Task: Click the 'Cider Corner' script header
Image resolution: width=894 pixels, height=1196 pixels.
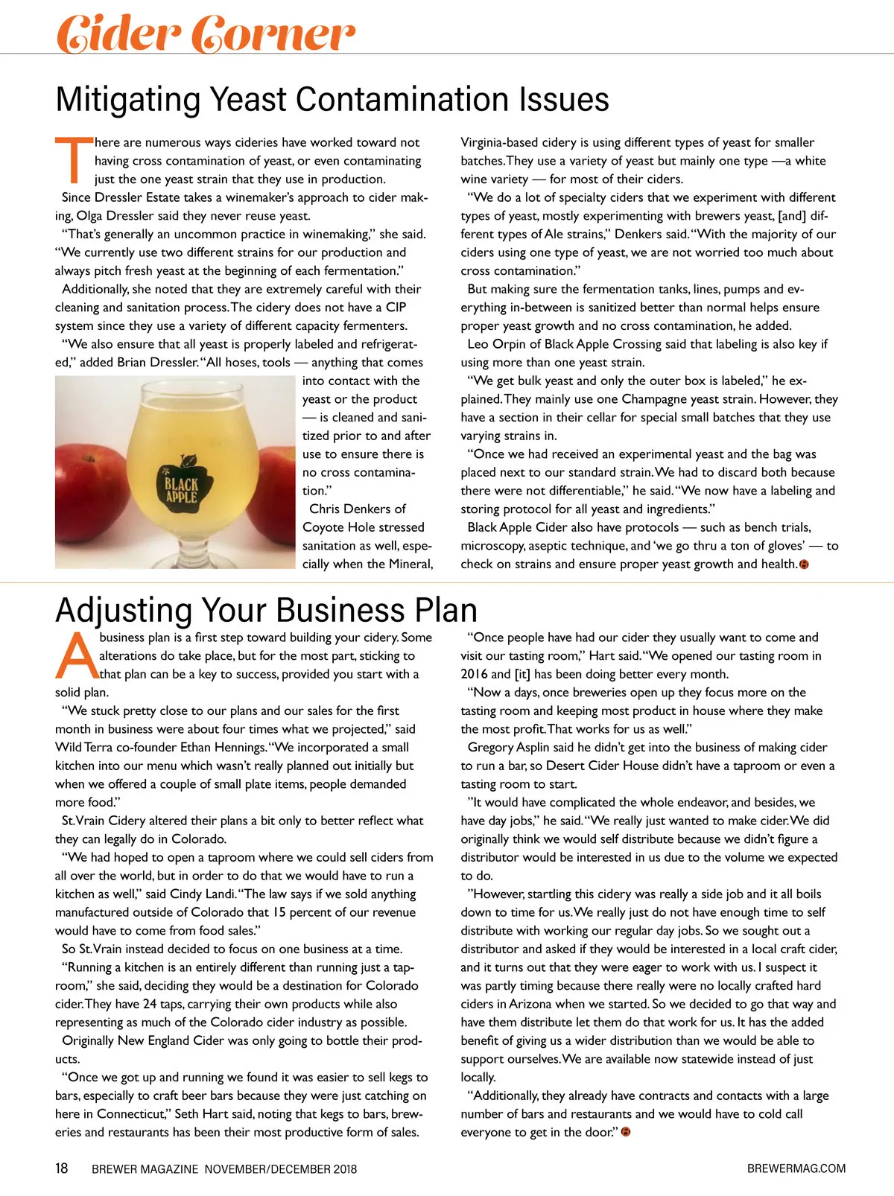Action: (x=205, y=33)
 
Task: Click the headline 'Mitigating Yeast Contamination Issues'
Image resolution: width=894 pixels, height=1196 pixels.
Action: (x=332, y=99)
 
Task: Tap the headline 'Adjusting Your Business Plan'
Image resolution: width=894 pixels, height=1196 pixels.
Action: (x=266, y=610)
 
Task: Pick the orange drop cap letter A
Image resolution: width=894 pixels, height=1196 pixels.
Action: (x=76, y=655)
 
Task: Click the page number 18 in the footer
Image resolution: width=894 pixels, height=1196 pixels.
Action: (x=62, y=1168)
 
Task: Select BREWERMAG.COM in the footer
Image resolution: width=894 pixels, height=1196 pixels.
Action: (x=796, y=1168)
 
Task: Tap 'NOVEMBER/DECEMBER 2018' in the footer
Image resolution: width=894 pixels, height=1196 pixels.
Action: (x=281, y=1169)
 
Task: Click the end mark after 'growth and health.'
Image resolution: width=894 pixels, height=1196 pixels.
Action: (x=804, y=564)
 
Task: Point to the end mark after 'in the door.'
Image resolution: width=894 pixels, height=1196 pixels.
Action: (x=626, y=1133)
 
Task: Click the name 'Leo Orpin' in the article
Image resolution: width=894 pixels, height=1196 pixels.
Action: (x=495, y=344)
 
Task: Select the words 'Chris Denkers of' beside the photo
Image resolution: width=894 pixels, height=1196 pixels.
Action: (x=357, y=509)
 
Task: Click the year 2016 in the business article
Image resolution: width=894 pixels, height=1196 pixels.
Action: (x=475, y=674)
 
